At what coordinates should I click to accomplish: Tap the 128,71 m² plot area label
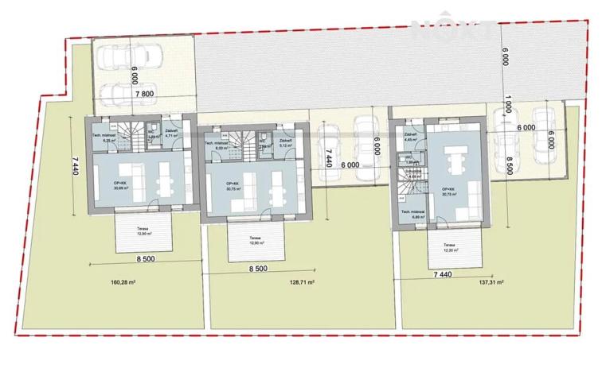point(301,281)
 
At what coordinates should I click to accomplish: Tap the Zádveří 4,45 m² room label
point(412,138)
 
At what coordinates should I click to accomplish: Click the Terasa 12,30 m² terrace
point(451,247)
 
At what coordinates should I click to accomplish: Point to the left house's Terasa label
point(144,229)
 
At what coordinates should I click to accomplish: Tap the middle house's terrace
point(256,242)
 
